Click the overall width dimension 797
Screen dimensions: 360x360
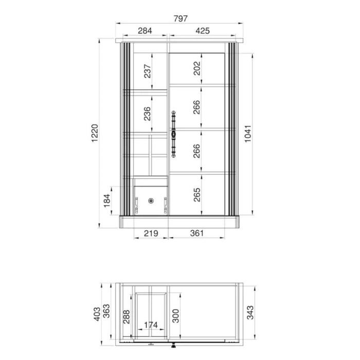(181, 18)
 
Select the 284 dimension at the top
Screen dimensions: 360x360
(145, 31)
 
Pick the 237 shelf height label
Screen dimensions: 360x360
(148, 71)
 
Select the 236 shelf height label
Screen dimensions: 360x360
(148, 114)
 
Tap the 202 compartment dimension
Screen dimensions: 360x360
(197, 69)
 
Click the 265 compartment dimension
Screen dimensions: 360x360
(197, 195)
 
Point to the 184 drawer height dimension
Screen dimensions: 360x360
(106, 202)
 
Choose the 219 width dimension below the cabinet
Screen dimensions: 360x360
(151, 233)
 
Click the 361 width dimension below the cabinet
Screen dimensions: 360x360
(196, 233)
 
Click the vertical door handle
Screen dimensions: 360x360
(174, 133)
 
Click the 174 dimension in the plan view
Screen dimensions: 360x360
(150, 325)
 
